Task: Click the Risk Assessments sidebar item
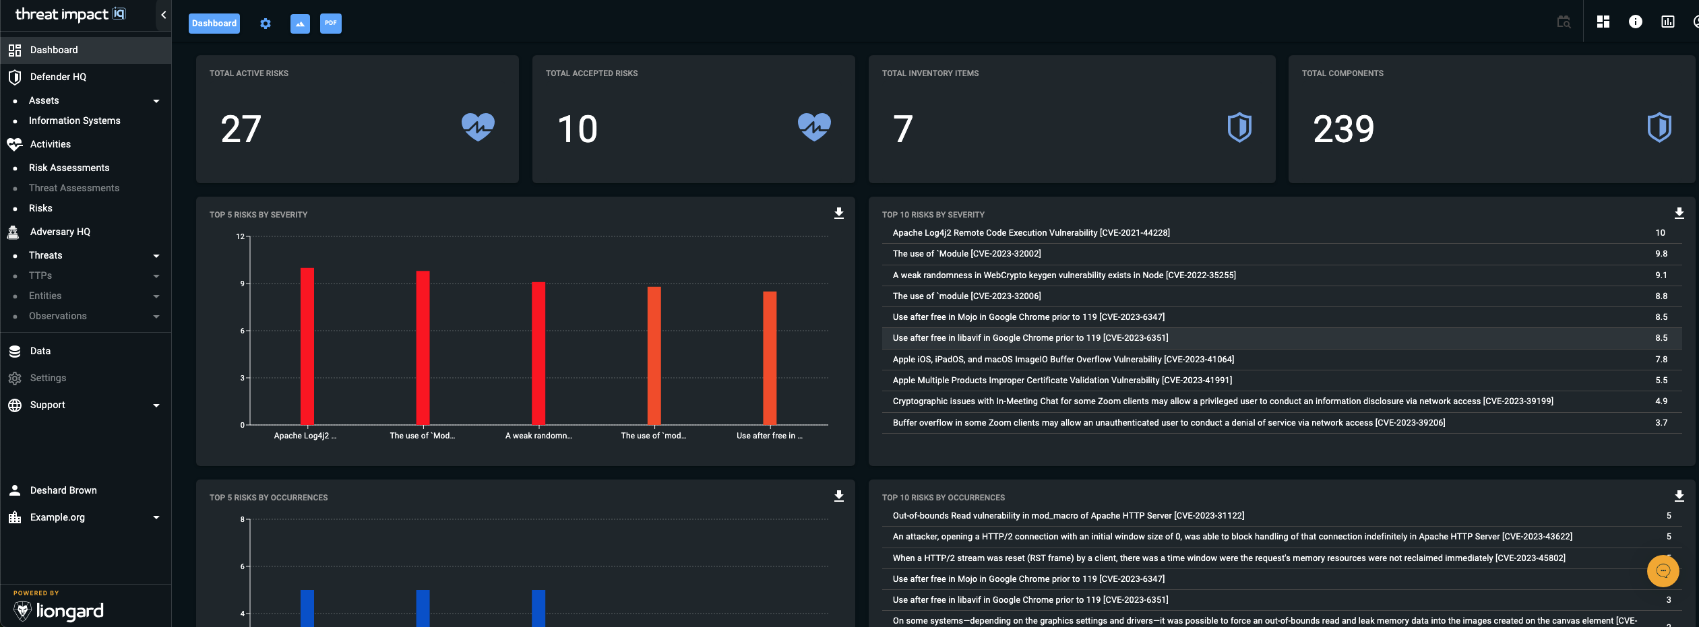tap(69, 168)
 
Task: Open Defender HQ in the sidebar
tap(58, 77)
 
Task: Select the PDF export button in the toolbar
tap(330, 24)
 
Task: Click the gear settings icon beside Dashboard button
tap(266, 24)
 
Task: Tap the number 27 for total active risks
tap(241, 129)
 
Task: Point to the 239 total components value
tap(1343, 129)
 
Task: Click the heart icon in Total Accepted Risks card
tap(814, 127)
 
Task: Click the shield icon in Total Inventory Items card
tap(1239, 127)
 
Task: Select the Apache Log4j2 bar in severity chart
tap(307, 346)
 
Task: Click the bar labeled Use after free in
tap(770, 358)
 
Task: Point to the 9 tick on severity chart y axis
tap(243, 284)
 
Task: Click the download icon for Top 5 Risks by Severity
tap(839, 213)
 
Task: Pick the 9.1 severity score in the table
tap(1661, 275)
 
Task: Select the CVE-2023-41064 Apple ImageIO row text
tap(1063, 360)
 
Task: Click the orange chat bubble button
tap(1663, 571)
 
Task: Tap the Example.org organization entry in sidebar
tap(58, 517)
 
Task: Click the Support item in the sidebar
tap(48, 405)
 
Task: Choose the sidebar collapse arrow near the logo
tap(163, 15)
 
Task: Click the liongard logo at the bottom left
tap(59, 610)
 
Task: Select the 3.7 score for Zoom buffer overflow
tap(1661, 423)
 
